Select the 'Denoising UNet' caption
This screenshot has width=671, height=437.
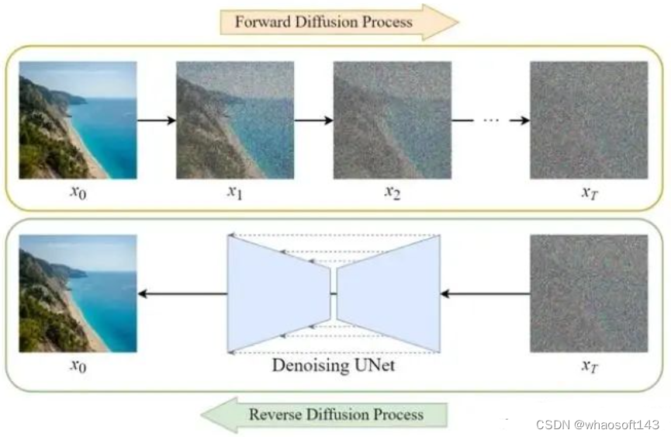click(333, 365)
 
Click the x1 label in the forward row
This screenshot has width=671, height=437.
click(234, 191)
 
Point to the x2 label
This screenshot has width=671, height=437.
click(393, 191)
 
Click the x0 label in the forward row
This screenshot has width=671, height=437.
click(78, 191)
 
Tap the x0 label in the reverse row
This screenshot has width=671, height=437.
click(78, 364)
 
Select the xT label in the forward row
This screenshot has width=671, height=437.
click(590, 191)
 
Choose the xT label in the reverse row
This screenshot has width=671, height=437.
click(590, 364)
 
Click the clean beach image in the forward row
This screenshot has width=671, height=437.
click(78, 120)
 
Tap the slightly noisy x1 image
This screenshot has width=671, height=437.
click(234, 120)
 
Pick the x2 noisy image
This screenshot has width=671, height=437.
click(393, 120)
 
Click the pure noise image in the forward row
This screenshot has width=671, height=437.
click(589, 120)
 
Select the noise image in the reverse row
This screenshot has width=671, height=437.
click(589, 293)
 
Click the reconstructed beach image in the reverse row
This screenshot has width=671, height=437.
click(78, 293)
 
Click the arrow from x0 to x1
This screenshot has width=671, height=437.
click(156, 120)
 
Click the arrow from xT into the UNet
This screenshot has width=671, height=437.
click(485, 293)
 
